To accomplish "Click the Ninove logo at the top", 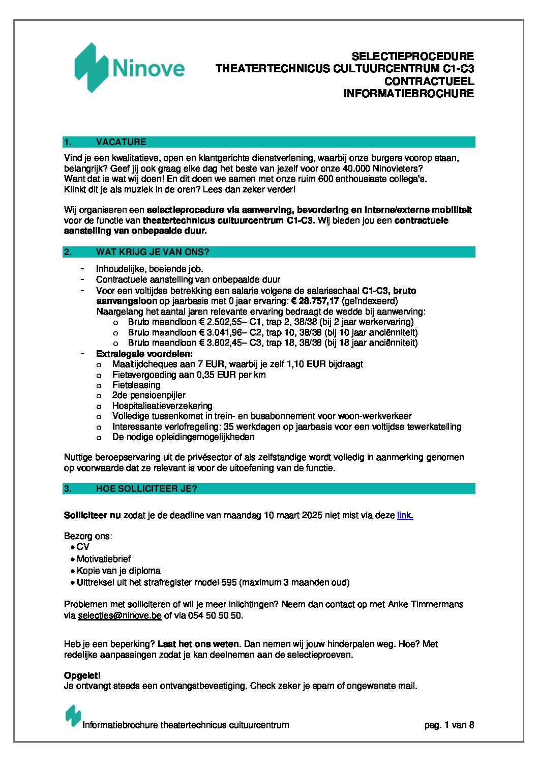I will tap(130, 68).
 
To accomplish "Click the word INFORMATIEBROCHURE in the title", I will tap(408, 93).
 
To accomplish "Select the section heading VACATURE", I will tap(121, 142).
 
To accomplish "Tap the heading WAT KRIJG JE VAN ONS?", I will tap(153, 252).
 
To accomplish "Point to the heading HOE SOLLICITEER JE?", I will tap(146, 489).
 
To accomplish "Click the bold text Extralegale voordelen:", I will tap(144, 354).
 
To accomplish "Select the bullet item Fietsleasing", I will tap(136, 385).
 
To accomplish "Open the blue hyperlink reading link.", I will tap(405, 515).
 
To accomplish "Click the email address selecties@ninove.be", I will tap(119, 615).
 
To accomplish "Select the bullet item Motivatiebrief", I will tap(104, 559).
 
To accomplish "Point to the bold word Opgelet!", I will tap(82, 675).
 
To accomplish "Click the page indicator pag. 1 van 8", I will tap(449, 725).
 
